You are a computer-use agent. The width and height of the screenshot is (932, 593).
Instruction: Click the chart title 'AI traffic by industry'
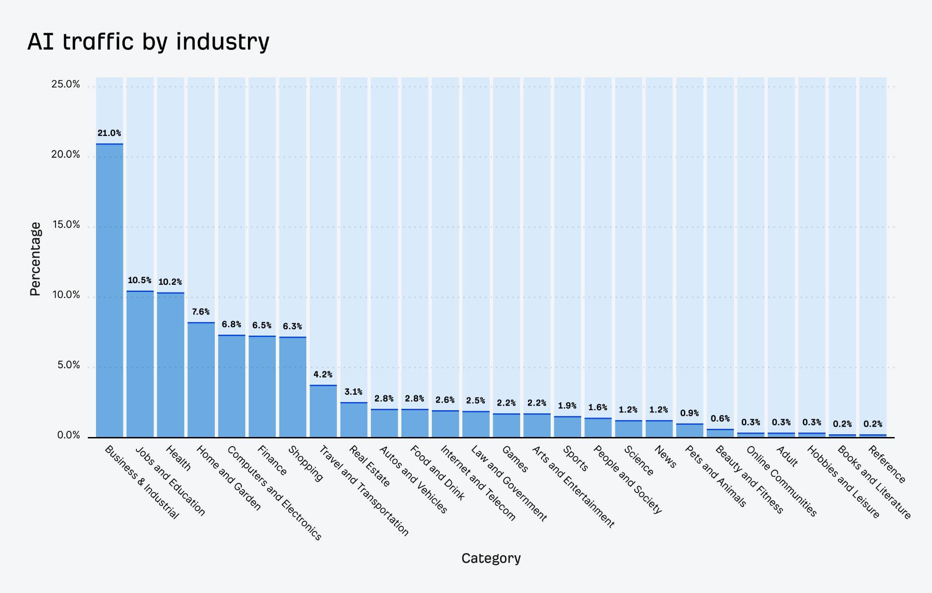point(148,42)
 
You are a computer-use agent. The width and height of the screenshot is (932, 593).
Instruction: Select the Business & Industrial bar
point(109,291)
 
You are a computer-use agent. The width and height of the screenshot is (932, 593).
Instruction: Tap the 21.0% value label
point(109,133)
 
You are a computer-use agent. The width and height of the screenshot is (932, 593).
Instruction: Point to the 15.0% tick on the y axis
point(65,225)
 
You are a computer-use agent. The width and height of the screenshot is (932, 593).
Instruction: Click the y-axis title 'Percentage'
point(35,259)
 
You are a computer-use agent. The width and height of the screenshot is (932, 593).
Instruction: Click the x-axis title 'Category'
point(491,558)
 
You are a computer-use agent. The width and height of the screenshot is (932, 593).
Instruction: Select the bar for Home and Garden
point(201,380)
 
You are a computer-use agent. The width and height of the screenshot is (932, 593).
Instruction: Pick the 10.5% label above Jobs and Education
point(139,281)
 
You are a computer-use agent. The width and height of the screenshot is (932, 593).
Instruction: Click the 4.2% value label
point(323,375)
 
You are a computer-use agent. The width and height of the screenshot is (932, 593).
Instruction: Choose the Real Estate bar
point(354,420)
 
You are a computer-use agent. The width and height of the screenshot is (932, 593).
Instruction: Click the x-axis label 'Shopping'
point(306,463)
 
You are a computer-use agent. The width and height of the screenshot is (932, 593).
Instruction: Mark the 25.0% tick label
point(65,84)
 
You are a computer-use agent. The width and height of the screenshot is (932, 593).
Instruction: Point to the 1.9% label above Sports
point(567,406)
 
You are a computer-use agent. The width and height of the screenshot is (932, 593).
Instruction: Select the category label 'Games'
point(515,459)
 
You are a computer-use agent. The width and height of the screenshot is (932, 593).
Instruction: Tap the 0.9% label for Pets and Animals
point(689,413)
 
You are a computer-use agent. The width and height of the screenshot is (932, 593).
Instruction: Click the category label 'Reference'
point(887,464)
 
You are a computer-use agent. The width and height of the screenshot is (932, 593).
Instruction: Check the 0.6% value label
point(720,419)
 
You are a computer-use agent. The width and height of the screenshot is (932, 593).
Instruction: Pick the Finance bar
point(262,387)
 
